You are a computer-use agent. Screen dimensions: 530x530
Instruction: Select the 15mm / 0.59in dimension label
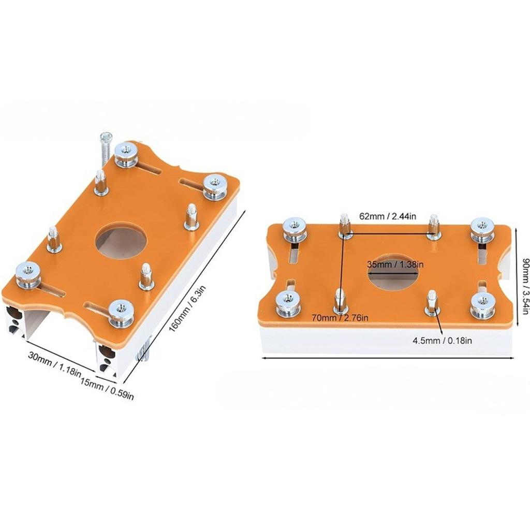(x=107, y=390)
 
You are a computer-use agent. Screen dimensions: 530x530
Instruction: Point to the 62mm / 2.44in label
(x=388, y=216)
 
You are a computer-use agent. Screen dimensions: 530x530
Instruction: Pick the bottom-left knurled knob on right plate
(x=289, y=303)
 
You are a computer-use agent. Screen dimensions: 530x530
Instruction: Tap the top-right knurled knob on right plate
(x=482, y=230)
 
